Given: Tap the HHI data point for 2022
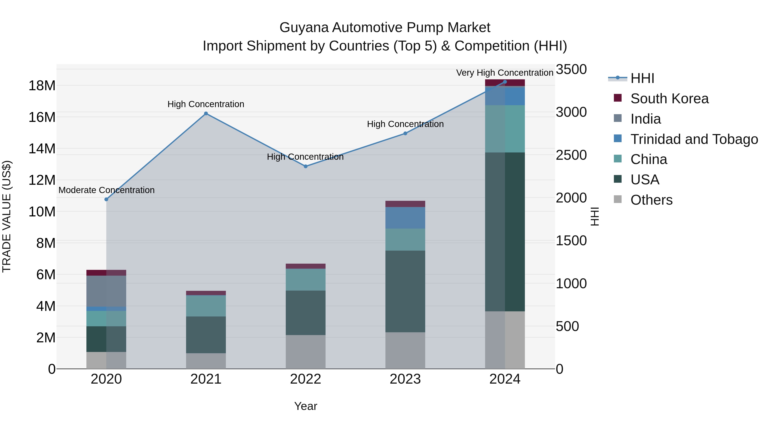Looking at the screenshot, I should (x=305, y=166).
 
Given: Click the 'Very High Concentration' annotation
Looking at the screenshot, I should (x=505, y=73).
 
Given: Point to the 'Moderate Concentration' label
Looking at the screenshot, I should (x=107, y=190).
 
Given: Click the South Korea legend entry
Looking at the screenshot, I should (x=669, y=99).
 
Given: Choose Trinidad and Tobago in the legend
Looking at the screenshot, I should (x=694, y=139).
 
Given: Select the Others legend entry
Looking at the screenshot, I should (x=651, y=200).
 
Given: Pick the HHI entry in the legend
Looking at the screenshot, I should (x=642, y=78).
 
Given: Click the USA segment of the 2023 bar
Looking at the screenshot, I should (x=405, y=291).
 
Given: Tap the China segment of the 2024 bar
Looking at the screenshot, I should (x=505, y=129).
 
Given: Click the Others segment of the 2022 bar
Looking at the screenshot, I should (x=305, y=352).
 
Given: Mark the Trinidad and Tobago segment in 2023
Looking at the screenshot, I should (x=405, y=218).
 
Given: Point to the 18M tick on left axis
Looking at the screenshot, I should (x=42, y=86).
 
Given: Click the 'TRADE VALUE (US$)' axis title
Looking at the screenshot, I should (x=7, y=216).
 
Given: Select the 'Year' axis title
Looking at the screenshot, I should (x=305, y=406).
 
